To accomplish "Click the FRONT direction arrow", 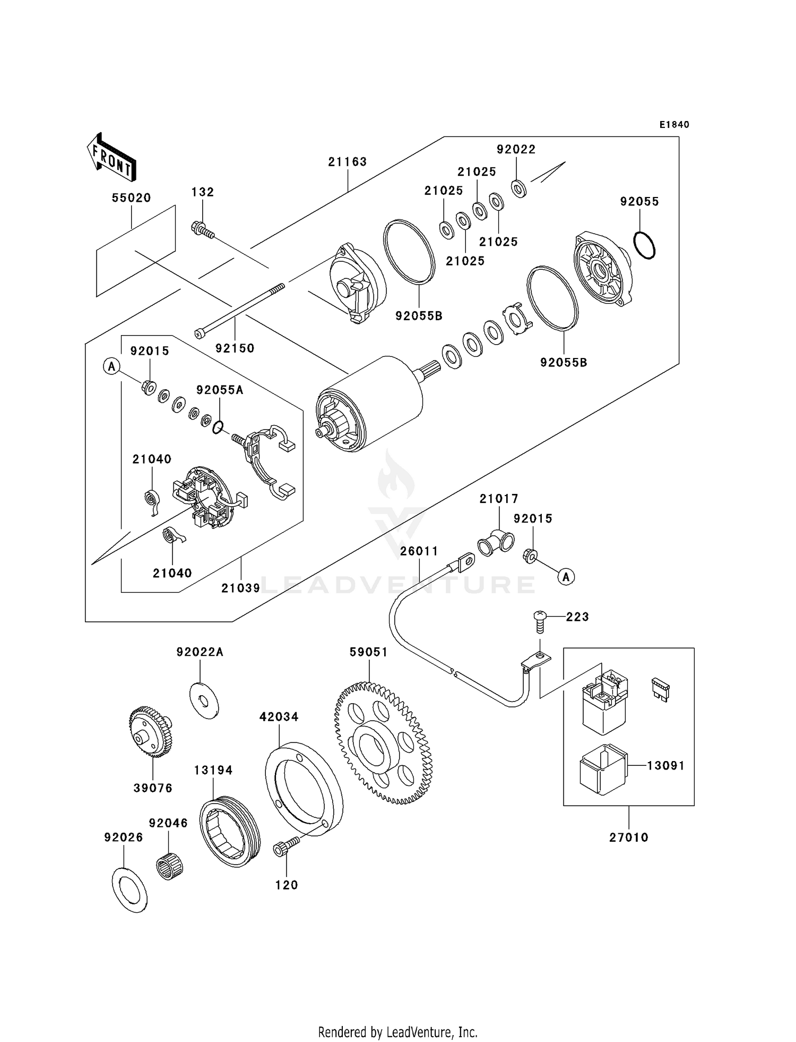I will point(111,157).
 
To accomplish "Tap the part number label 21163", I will point(347,162).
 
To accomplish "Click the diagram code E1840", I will point(674,125).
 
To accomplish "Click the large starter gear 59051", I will point(384,744).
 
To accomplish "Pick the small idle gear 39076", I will point(151,732).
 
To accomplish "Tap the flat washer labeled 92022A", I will point(204,701).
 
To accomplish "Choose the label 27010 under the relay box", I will point(628,838).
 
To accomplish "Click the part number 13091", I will point(665,766).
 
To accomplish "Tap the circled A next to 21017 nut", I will point(566,576).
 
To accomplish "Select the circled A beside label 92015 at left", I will point(111,366).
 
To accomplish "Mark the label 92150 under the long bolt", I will point(235,348).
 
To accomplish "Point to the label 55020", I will point(131,198).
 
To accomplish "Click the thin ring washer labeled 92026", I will point(129,890).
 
